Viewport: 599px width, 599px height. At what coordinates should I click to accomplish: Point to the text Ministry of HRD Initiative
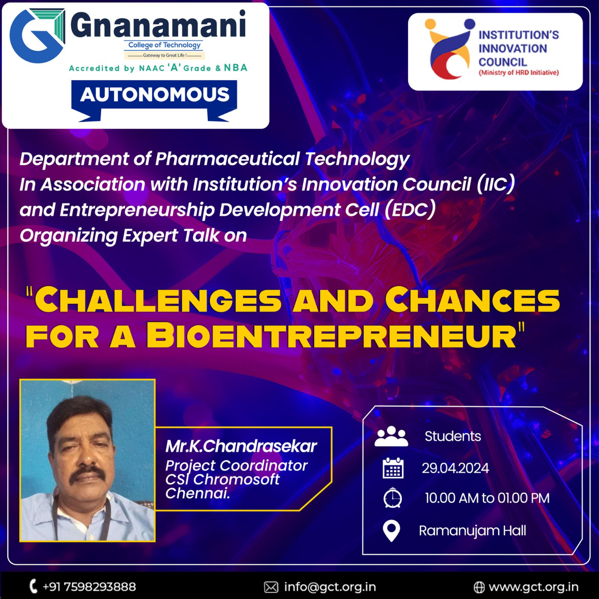pos(519,73)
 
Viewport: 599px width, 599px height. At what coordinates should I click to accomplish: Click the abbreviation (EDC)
pos(409,210)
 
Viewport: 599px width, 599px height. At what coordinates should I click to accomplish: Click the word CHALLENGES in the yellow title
pos(158,299)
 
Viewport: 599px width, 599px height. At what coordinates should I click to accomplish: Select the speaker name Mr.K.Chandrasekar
pos(241,446)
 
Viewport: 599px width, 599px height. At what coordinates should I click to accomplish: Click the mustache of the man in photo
pos(88,475)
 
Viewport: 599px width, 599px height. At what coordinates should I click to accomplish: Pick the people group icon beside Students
pos(391,436)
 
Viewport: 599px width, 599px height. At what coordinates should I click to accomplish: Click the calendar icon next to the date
pos(393,468)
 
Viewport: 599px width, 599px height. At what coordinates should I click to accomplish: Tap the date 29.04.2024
pos(455,468)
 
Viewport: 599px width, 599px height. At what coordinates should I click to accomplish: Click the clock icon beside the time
pos(393,498)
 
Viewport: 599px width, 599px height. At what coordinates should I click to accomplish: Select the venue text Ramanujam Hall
pos(473,531)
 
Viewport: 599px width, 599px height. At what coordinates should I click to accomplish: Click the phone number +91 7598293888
pos(89,587)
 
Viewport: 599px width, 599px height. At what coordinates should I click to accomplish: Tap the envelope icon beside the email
pos(271,587)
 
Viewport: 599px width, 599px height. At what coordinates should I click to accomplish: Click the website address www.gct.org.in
pos(533,587)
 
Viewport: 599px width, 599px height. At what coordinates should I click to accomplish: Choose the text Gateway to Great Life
pos(165,55)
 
